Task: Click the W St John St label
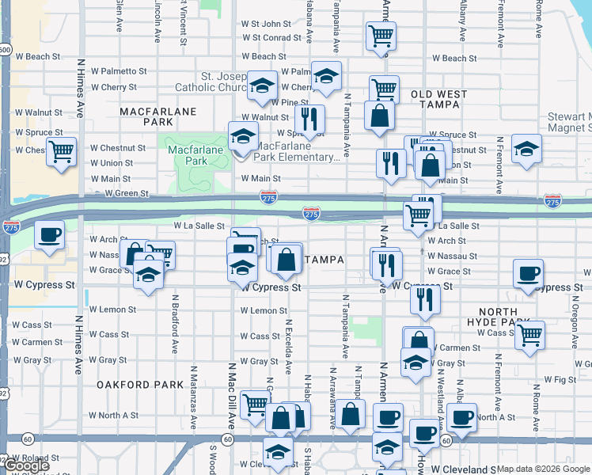coord(267,24)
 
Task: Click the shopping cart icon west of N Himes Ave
coord(61,150)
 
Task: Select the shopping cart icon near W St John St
coord(381,35)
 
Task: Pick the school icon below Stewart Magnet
coord(526,149)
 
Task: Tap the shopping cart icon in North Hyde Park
coord(529,334)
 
